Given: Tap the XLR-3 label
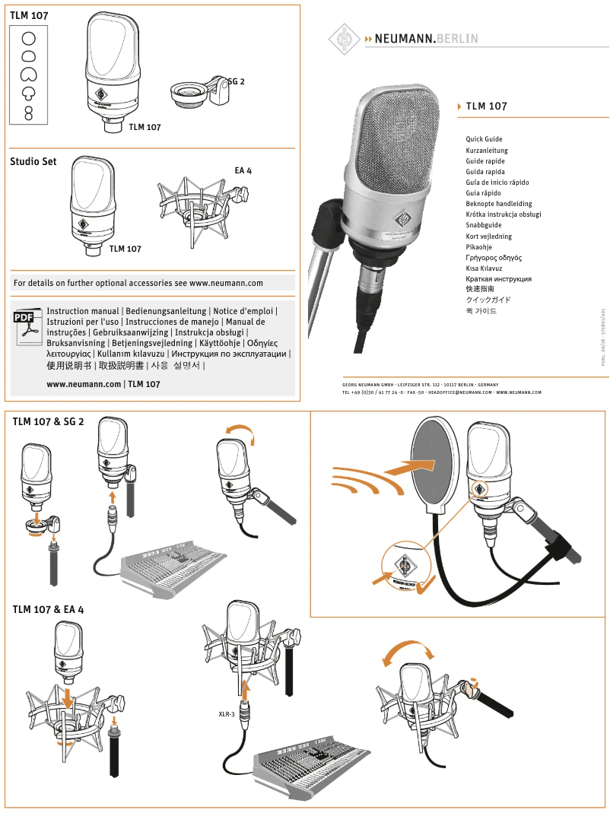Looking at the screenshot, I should [226, 714].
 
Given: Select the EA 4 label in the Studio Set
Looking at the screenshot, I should [243, 170].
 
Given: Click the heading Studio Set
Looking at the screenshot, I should [33, 162].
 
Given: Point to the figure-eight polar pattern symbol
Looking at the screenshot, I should [29, 113].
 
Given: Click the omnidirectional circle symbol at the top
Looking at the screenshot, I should [28, 37].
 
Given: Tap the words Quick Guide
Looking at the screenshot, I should [484, 139].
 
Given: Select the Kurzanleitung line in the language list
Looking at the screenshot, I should [487, 151].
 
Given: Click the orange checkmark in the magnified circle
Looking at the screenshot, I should [424, 583].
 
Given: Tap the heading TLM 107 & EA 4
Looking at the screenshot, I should [48, 609].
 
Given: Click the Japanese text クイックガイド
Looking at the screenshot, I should [488, 300].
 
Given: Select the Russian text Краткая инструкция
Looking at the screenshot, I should [498, 279].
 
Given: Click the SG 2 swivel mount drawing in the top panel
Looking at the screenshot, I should [199, 94].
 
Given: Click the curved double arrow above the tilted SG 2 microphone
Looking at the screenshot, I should [237, 431].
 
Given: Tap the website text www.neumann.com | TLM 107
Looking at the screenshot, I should [103, 384].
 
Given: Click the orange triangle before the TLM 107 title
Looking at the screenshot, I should [459, 106].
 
